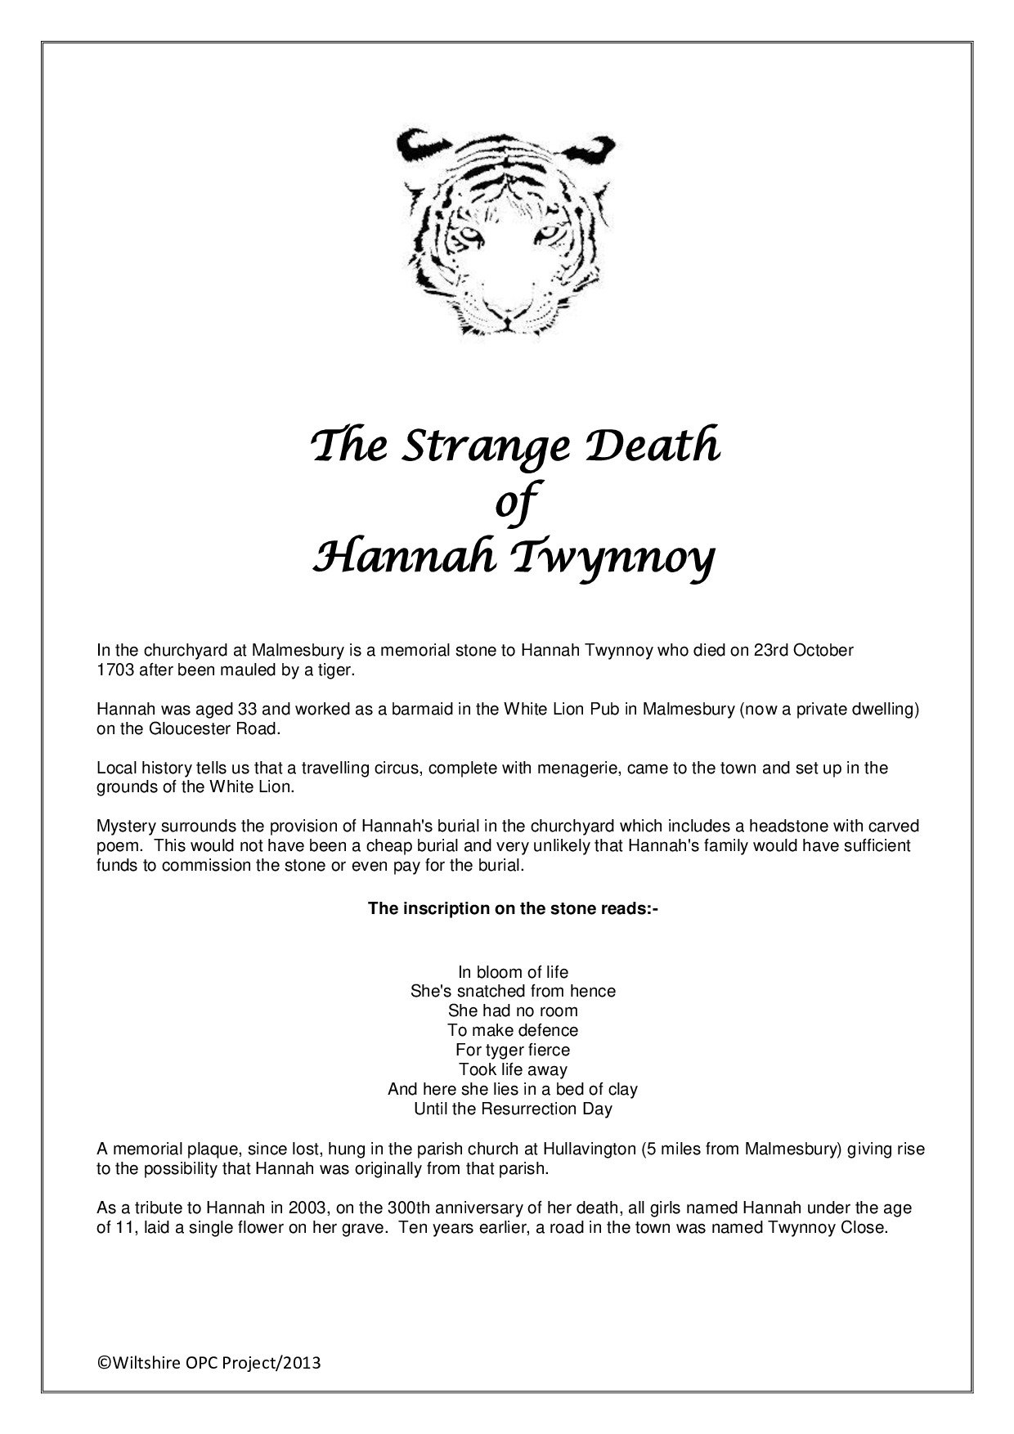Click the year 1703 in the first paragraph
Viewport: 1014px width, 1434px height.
point(114,670)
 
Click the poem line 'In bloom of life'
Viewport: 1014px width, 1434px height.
point(513,972)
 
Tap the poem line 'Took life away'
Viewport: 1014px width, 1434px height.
point(513,1069)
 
